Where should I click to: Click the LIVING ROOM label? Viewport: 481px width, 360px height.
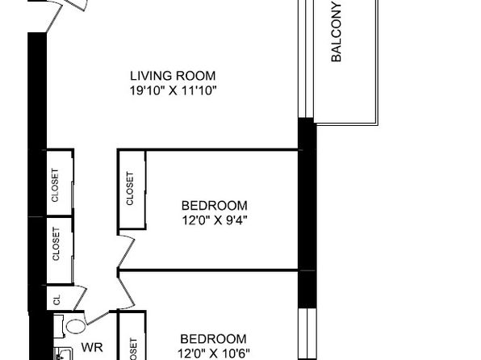(x=173, y=76)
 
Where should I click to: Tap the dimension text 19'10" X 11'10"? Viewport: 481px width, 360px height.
(x=173, y=91)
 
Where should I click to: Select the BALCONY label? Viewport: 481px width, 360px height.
(x=337, y=32)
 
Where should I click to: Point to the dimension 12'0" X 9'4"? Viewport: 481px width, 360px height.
(x=215, y=220)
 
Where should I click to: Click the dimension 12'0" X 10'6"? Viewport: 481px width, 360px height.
(x=214, y=354)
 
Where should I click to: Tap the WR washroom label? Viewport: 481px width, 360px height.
(x=92, y=347)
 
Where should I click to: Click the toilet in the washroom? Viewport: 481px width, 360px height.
(x=73, y=327)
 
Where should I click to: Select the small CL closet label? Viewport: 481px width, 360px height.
(x=56, y=299)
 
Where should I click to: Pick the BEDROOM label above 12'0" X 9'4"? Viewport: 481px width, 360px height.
(x=215, y=205)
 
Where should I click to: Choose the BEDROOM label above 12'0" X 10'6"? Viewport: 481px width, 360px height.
(x=214, y=339)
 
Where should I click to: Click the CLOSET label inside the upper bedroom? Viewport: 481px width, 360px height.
(x=130, y=188)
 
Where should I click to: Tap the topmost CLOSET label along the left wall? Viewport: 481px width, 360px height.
(x=55, y=185)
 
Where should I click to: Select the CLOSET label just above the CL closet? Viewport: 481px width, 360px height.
(x=56, y=244)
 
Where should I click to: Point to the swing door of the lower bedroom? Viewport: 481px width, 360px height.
(x=127, y=290)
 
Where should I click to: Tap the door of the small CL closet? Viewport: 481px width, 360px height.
(x=81, y=298)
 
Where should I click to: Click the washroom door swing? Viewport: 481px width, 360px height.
(x=97, y=318)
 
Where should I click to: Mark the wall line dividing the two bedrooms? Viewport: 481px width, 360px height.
(x=208, y=270)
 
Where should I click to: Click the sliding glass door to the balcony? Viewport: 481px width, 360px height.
(x=306, y=59)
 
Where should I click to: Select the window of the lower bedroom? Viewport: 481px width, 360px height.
(x=307, y=334)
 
